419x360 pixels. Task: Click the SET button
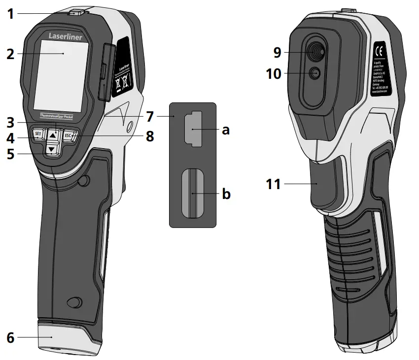point(37,134)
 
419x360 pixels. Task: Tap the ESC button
point(68,134)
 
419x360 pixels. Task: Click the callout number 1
point(10,13)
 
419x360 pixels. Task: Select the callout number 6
point(10,338)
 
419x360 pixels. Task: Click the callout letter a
point(226,130)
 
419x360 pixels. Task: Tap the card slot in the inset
point(193,193)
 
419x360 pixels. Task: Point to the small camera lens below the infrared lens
point(314,73)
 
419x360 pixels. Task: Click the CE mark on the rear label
point(380,51)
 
